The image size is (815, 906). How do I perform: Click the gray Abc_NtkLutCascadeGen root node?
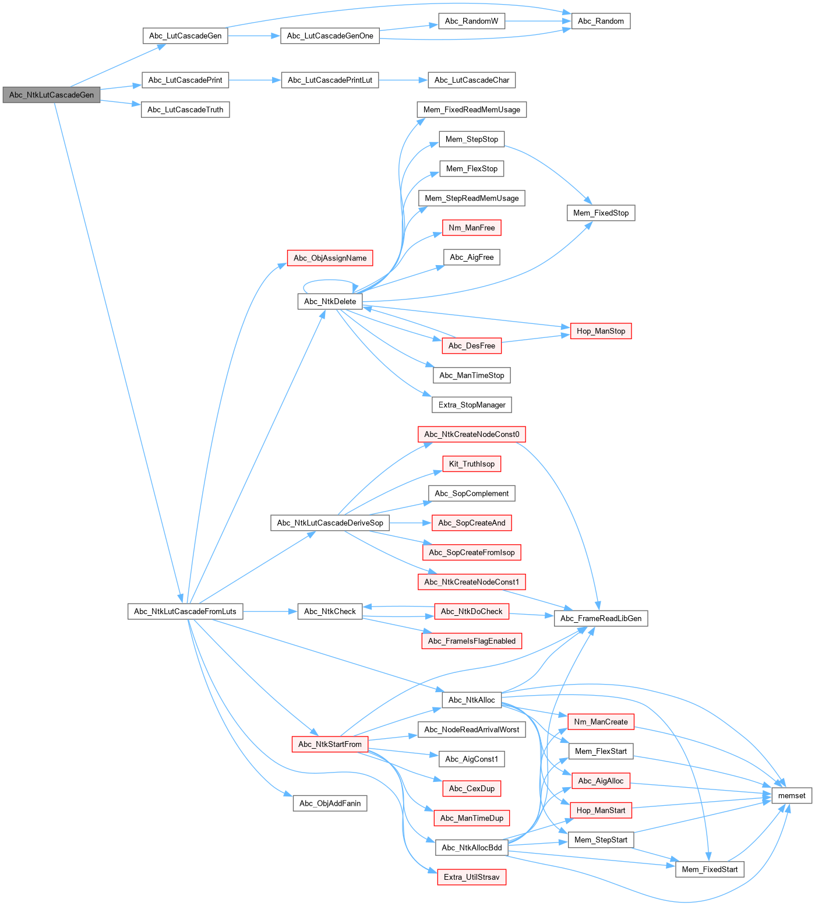click(51, 95)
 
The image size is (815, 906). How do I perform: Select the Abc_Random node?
click(601, 21)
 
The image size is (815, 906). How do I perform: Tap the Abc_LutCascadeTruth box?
click(185, 110)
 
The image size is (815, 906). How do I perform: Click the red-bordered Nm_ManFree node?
click(471, 228)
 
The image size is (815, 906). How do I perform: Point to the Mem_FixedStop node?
click(601, 213)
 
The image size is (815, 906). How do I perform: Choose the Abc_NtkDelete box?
click(330, 301)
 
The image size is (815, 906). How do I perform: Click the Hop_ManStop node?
click(601, 331)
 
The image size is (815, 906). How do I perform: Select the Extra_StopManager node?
click(472, 405)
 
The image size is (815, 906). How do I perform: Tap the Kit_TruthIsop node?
click(471, 464)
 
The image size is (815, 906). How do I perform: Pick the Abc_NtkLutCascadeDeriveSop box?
click(330, 523)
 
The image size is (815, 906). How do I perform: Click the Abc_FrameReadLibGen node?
click(601, 618)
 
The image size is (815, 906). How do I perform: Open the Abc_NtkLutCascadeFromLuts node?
click(185, 611)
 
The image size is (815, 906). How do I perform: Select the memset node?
click(792, 795)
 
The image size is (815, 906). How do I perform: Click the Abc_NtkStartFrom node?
click(330, 744)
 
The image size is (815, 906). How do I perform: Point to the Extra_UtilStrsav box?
click(471, 877)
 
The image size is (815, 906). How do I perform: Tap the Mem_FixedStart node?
click(710, 869)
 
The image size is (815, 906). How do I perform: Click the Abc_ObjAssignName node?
click(330, 258)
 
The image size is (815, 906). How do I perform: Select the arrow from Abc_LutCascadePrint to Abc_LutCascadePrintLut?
click(255, 80)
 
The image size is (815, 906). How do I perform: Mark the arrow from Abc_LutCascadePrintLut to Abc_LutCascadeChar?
click(403, 80)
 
